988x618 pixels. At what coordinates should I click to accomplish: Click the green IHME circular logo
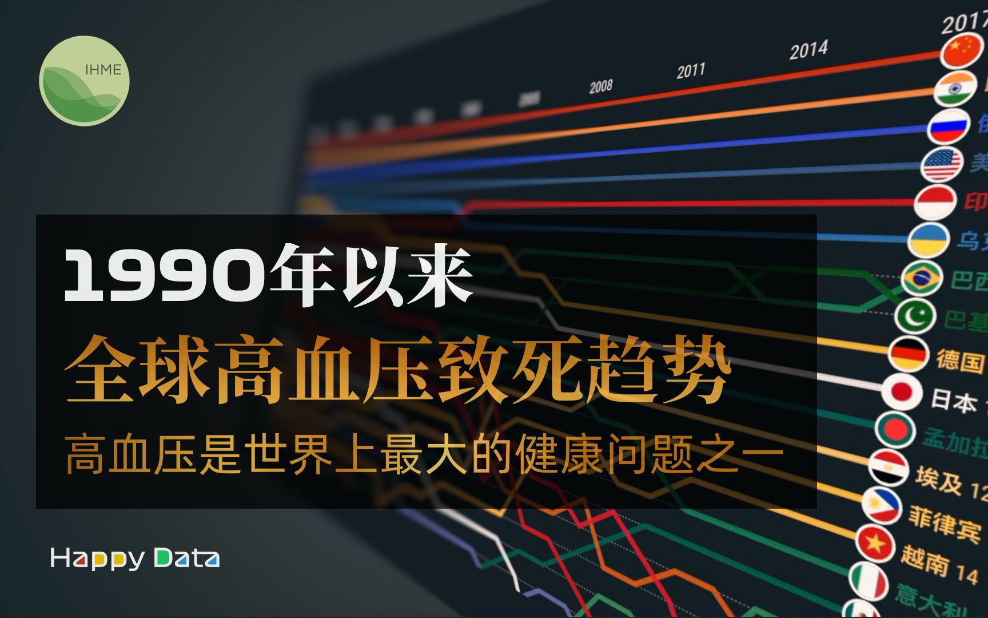[x=85, y=81]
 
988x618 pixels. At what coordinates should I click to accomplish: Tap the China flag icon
[x=962, y=50]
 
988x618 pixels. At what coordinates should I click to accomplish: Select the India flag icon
[x=955, y=89]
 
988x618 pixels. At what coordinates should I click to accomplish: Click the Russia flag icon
[x=949, y=126]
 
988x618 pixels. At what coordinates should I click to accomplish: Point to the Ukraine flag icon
[x=928, y=240]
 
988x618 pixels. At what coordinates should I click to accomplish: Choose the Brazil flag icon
[x=922, y=278]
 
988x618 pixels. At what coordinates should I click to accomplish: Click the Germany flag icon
[x=908, y=354]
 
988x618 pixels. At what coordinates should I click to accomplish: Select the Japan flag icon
[x=902, y=392]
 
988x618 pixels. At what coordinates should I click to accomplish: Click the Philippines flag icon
[x=882, y=505]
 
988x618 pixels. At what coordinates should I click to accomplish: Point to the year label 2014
[x=808, y=50]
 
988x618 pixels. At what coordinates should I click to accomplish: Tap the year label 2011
[x=691, y=71]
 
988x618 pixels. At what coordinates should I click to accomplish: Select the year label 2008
[x=600, y=86]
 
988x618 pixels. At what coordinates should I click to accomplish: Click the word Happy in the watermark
[x=97, y=558]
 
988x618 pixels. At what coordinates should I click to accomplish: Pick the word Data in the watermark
[x=186, y=558]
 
